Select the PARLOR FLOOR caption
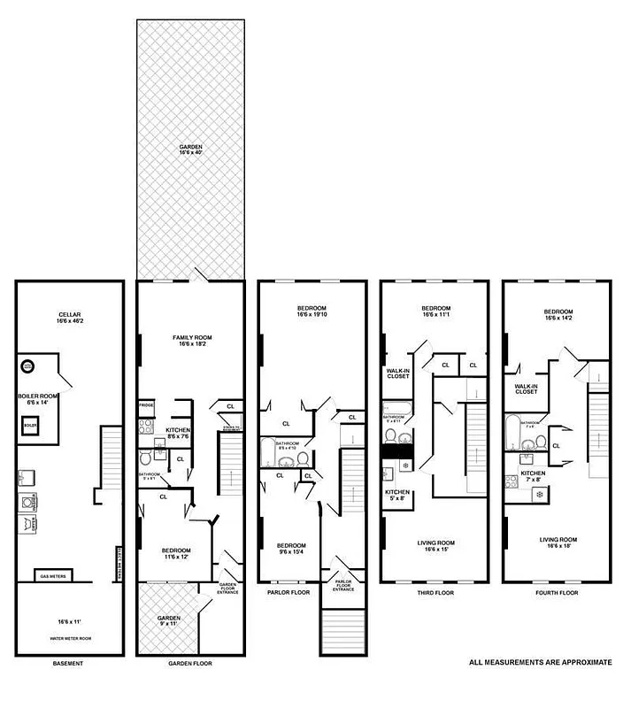[288, 592]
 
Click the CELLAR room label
[69, 315]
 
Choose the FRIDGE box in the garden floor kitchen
[145, 405]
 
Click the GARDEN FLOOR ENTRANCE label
[228, 588]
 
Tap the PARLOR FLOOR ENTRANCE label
[343, 585]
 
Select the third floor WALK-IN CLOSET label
[397, 373]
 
